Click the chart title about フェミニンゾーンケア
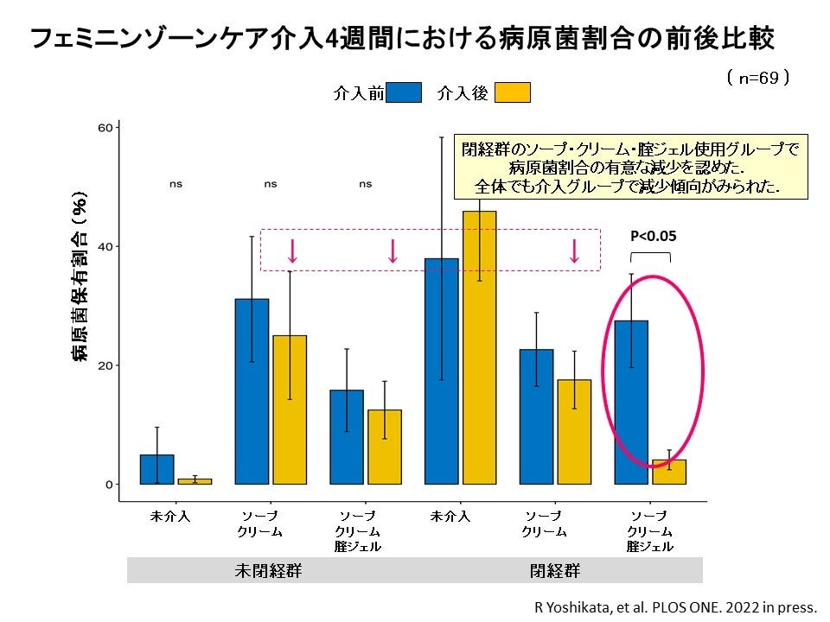[x=402, y=39]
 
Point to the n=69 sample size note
[x=758, y=78]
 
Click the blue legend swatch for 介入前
[x=404, y=92]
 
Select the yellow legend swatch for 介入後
[x=513, y=92]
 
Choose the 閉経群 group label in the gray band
[x=555, y=571]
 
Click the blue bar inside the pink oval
[x=631, y=402]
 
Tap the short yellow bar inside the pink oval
[x=669, y=473]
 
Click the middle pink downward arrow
[x=393, y=251]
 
